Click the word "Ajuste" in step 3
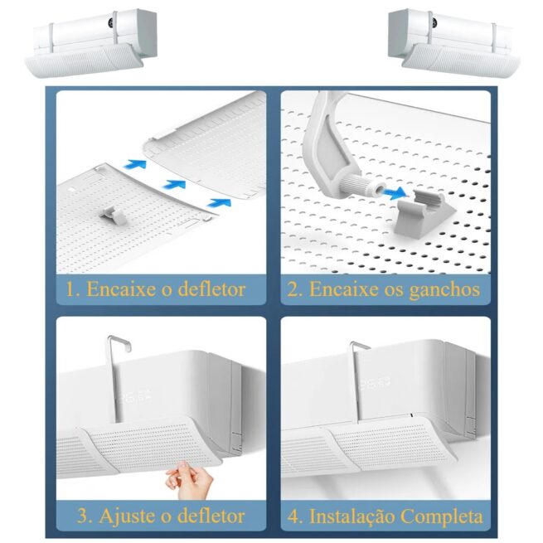click(127, 516)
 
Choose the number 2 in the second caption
click(293, 289)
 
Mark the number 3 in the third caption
click(83, 516)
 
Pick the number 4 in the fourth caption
click(294, 516)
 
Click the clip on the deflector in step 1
click(112, 215)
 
